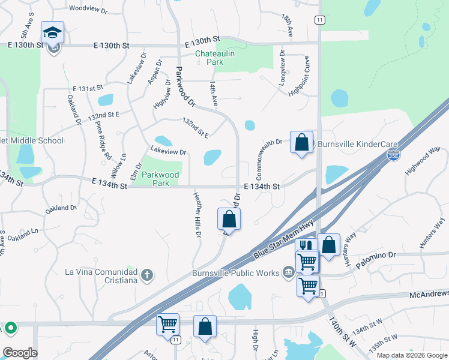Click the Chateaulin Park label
pyautogui.click(x=209, y=58)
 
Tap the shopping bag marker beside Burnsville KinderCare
pyautogui.click(x=302, y=143)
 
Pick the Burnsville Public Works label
pyautogui.click(x=236, y=274)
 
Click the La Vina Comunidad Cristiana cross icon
pyautogui.click(x=147, y=275)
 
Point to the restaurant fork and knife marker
pyautogui.click(x=306, y=246)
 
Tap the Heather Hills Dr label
pyautogui.click(x=197, y=214)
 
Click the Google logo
pyautogui.click(x=20, y=353)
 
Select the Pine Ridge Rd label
pyautogui.click(x=103, y=139)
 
